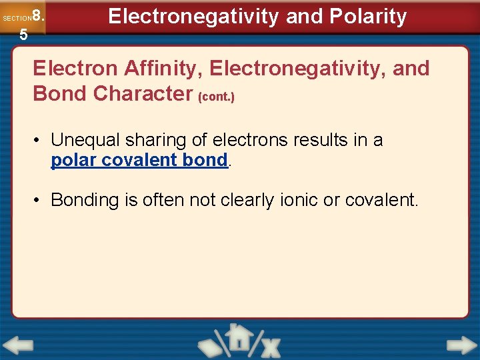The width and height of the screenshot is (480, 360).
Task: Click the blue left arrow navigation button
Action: click(x=18, y=346)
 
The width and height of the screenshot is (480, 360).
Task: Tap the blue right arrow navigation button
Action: click(x=461, y=346)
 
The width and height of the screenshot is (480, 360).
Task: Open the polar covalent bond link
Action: click(x=139, y=161)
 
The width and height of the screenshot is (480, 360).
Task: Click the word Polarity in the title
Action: click(x=367, y=17)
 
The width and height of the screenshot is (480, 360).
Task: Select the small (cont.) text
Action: click(x=216, y=97)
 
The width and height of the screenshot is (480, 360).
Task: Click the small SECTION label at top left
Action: click(x=17, y=19)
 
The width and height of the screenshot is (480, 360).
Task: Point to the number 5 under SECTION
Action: click(x=23, y=35)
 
